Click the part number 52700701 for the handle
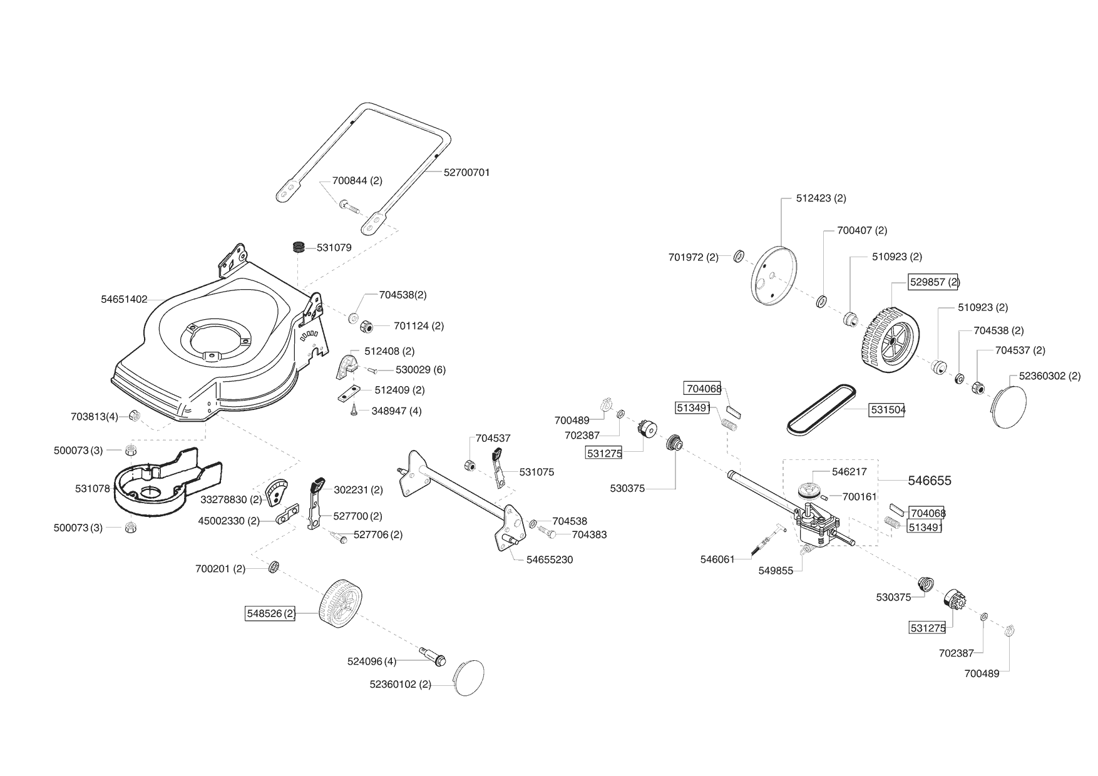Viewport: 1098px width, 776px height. tap(466, 172)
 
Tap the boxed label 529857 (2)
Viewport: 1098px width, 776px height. tap(934, 282)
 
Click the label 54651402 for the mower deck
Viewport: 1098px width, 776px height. tap(124, 300)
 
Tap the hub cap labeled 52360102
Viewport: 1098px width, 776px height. tap(468, 678)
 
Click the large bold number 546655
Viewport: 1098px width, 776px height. tap(930, 481)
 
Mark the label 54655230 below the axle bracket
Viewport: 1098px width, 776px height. tap(550, 559)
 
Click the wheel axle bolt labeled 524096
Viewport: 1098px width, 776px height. tap(431, 656)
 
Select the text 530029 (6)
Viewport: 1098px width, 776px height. tap(421, 370)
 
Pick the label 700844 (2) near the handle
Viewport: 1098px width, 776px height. tap(357, 181)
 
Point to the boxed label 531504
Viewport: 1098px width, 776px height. tap(886, 410)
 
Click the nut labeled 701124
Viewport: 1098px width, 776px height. tap(366, 325)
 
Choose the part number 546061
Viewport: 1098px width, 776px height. tap(717, 559)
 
